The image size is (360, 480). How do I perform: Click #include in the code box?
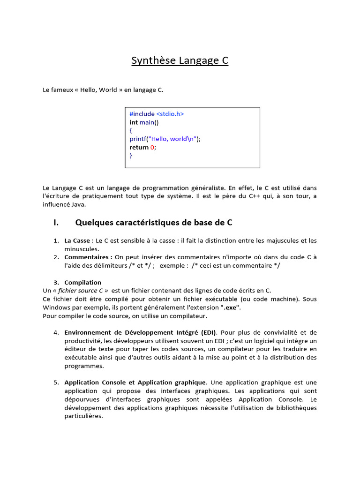pyautogui.click(x=142, y=114)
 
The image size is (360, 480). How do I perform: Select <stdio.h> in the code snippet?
pyautogui.click(x=170, y=114)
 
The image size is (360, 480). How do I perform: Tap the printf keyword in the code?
pyautogui.click(x=137, y=139)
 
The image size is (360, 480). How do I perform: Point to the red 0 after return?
pyautogui.click(x=152, y=147)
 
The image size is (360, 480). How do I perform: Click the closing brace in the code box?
pyautogui.click(x=131, y=156)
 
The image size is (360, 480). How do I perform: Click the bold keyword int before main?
pyautogui.click(x=133, y=122)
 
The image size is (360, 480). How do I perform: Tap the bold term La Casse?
pyautogui.click(x=77, y=240)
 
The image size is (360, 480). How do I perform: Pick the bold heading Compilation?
pyautogui.click(x=83, y=282)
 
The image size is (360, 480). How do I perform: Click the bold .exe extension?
pyautogui.click(x=230, y=307)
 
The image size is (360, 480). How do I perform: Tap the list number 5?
pyautogui.click(x=56, y=382)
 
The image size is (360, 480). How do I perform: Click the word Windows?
pyautogui.click(x=57, y=307)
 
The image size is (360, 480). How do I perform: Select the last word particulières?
pyautogui.click(x=83, y=416)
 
